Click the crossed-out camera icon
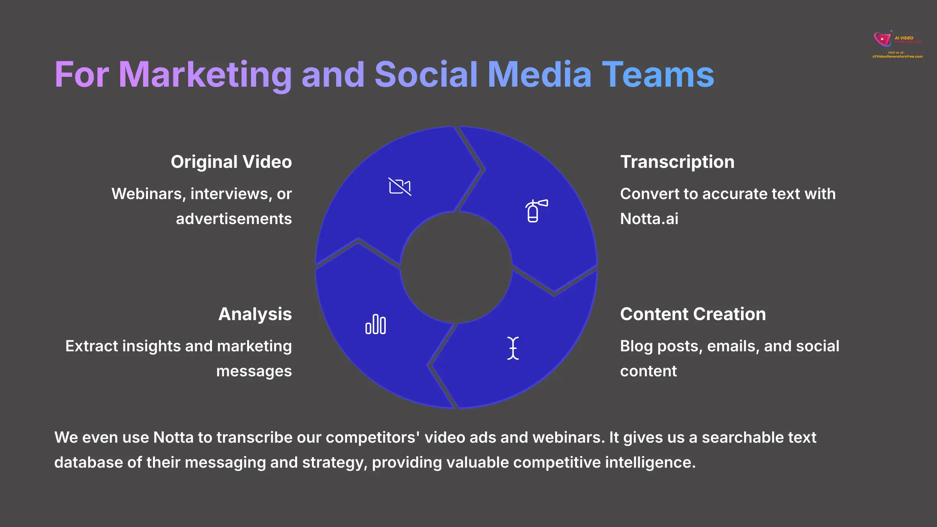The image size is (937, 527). tap(400, 186)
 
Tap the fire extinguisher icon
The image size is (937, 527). tap(536, 211)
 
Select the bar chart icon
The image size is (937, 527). tap(376, 324)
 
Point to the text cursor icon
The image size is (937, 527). tap(513, 348)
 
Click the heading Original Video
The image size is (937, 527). tap(231, 162)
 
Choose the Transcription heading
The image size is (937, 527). tap(677, 162)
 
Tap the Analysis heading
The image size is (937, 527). tap(255, 314)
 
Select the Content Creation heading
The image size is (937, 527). tap(693, 314)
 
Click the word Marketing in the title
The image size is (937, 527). tap(205, 75)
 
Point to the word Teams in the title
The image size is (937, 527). tap(658, 75)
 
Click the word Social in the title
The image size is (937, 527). tap(426, 75)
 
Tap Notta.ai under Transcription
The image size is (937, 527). tap(649, 219)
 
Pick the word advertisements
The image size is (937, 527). tap(234, 219)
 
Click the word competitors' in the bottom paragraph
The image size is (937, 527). tap(373, 438)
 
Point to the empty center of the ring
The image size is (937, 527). tap(456, 268)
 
